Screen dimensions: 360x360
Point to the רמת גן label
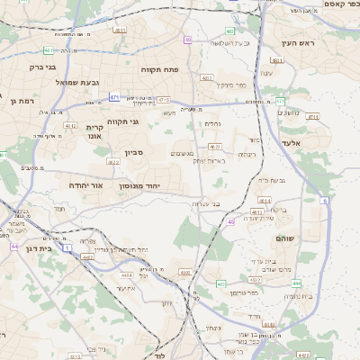pyautogui.click(x=19, y=102)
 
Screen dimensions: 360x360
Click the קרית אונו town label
pyautogui.click(x=94, y=131)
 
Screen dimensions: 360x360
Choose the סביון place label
pyautogui.click(x=134, y=154)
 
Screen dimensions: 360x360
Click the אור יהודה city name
pyautogui.click(x=86, y=184)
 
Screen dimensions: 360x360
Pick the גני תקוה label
pyautogui.click(x=122, y=121)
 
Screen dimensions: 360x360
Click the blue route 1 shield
pyautogui.click(x=67, y=247)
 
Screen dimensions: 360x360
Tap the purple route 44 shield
pyautogui.click(x=13, y=245)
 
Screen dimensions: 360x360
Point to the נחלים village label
pyautogui.click(x=212, y=124)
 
